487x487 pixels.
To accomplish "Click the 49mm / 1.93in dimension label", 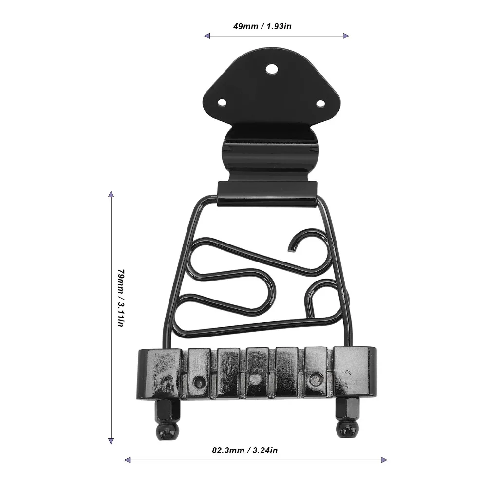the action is click(x=262, y=26).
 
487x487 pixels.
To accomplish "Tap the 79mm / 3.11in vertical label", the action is click(x=121, y=298).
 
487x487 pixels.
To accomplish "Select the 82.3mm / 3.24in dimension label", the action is click(x=245, y=450).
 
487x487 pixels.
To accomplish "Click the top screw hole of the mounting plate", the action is click(x=272, y=69).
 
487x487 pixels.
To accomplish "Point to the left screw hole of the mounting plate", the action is click(x=222, y=102).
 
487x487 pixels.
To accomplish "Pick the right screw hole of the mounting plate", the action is click(x=320, y=103).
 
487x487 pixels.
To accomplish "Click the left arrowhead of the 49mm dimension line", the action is click(x=207, y=36).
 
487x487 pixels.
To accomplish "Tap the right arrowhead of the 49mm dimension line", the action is click(x=346, y=36).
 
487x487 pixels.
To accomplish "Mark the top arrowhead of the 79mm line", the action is click(x=111, y=194).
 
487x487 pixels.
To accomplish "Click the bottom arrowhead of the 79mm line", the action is click(x=111, y=441).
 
